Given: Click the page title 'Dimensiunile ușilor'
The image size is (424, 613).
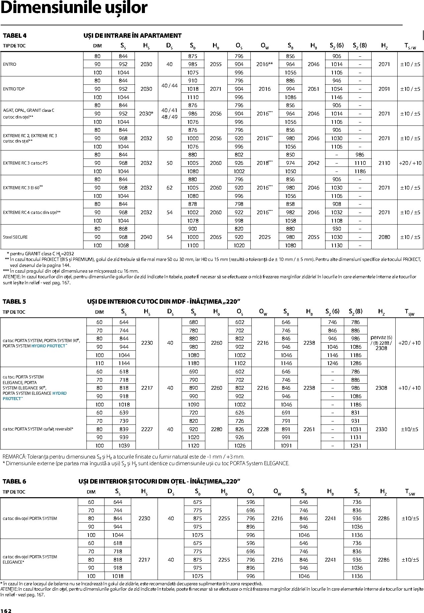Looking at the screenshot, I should tap(74, 8).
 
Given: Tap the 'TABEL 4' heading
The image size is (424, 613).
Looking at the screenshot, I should tap(14, 36).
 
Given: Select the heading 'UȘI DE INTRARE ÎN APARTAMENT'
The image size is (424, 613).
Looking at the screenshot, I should tap(132, 36).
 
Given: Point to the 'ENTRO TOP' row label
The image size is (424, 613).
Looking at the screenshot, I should tap(14, 89).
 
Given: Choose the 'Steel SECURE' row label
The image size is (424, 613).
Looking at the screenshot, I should tap(15, 237).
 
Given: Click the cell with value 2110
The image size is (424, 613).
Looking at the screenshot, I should tap(384, 163).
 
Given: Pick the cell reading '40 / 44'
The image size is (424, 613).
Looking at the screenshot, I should tap(170, 86).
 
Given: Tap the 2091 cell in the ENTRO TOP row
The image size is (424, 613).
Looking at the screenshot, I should tap(384, 89).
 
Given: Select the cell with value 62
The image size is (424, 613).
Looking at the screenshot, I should tap(170, 188).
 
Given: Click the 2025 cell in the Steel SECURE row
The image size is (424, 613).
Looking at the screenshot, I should tap(265, 237).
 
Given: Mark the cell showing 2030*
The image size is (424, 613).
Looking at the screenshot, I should tap(146, 114).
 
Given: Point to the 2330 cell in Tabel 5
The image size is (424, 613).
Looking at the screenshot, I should tap(381, 429).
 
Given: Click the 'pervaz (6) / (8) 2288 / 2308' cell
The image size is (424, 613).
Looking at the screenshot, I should tap(381, 343).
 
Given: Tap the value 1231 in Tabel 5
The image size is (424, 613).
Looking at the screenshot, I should tap(356, 446).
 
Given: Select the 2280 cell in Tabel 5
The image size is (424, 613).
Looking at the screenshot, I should tap(217, 429).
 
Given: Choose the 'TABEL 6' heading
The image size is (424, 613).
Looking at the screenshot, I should tap(14, 482).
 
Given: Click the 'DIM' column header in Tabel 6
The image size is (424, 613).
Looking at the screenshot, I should tap(91, 492).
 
